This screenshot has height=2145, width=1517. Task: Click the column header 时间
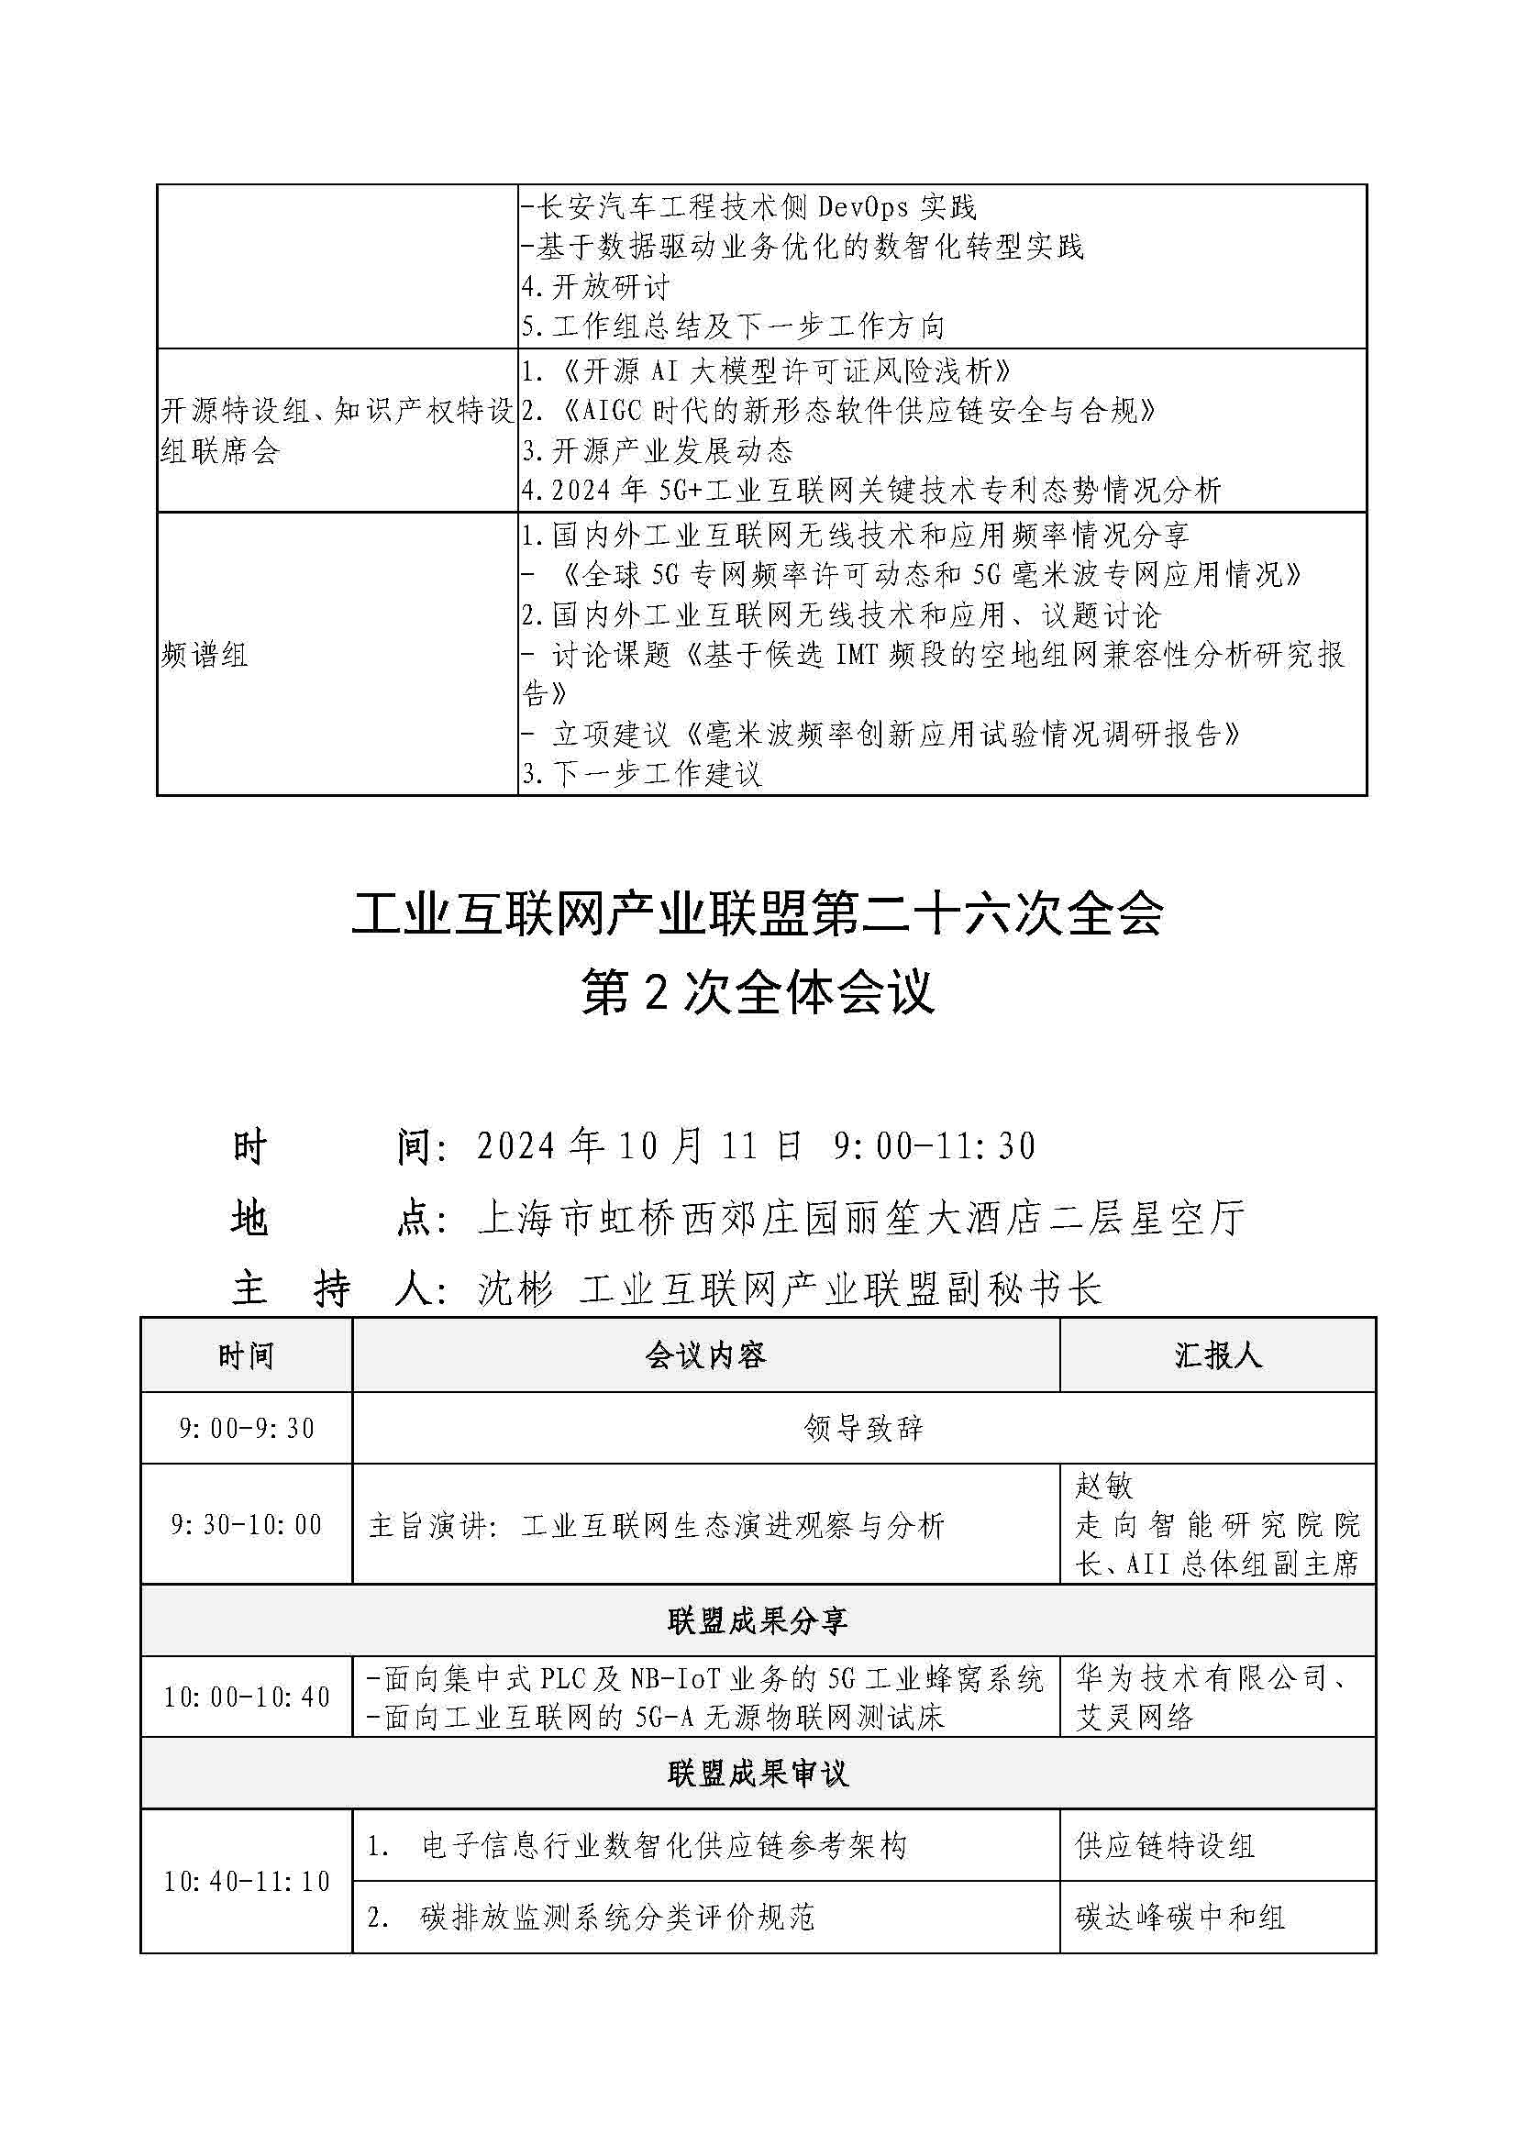(x=246, y=1355)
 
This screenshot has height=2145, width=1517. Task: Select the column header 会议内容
(x=705, y=1355)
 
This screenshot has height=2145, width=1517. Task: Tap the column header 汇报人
(x=1217, y=1355)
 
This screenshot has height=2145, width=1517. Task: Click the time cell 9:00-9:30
(x=247, y=1429)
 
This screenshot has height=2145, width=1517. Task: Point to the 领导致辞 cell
(x=863, y=1429)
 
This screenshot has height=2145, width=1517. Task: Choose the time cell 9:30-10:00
(x=247, y=1525)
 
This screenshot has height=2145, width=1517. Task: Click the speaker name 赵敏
(x=1104, y=1486)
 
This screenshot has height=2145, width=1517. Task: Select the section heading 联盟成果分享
(x=758, y=1620)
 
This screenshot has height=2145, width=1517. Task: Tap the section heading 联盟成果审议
(x=758, y=1774)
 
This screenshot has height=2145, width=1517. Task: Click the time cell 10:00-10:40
(x=247, y=1697)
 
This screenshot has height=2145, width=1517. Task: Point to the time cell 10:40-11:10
(x=247, y=1882)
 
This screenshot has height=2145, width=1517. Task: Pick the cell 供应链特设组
(x=1165, y=1845)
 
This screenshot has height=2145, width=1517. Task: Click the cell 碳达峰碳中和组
(x=1179, y=1918)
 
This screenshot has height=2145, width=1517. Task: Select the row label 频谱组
(x=205, y=655)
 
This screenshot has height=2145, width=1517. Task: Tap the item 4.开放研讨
(x=596, y=286)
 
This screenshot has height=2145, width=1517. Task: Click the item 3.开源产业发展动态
(x=658, y=450)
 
